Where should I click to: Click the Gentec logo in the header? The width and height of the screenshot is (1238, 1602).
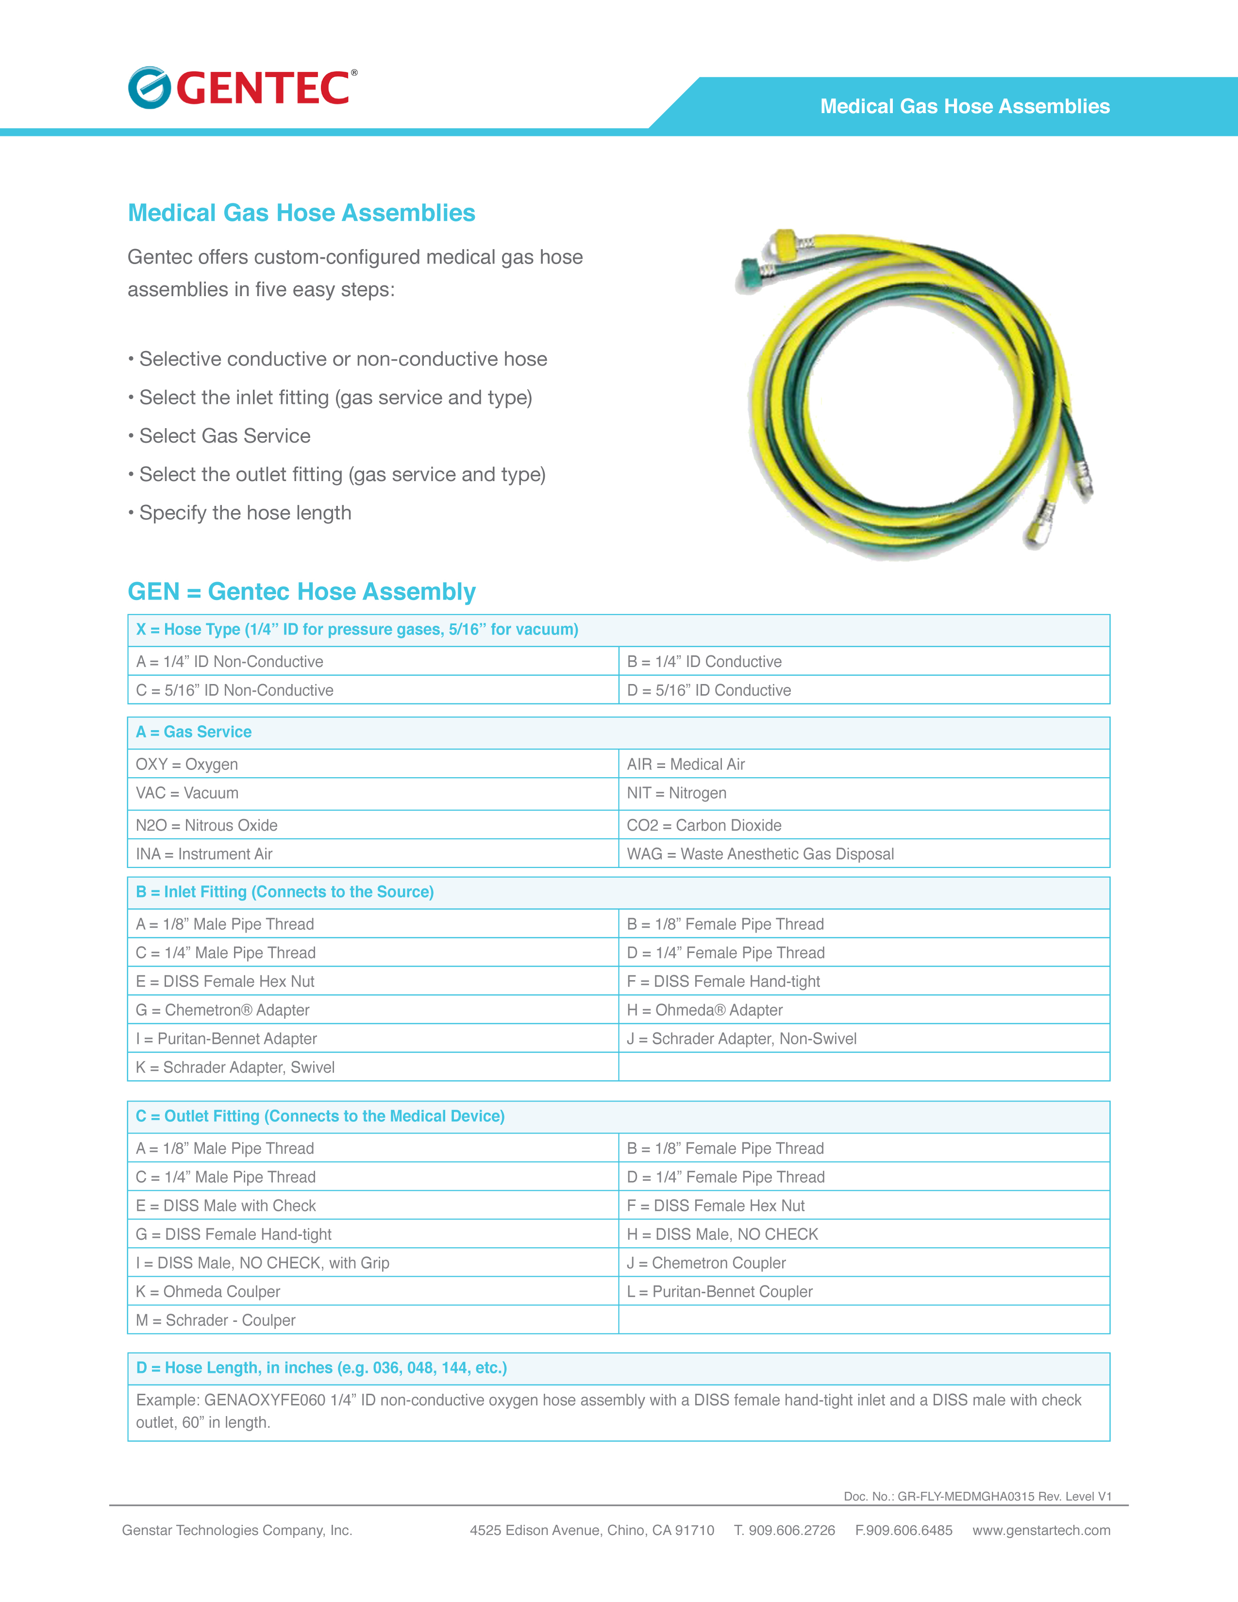pos(242,88)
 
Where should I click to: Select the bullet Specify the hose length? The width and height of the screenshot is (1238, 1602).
pos(245,513)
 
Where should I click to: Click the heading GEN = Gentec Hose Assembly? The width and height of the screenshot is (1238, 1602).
pos(301,591)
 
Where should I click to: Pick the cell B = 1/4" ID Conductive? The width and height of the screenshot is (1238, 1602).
pos(704,662)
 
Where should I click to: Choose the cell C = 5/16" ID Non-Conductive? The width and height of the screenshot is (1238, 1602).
pos(234,690)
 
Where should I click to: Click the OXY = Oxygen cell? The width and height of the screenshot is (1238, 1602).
pos(187,764)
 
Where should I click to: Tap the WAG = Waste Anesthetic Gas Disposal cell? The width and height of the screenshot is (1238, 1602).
pos(760,854)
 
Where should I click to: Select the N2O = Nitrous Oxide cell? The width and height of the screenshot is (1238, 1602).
pos(207,825)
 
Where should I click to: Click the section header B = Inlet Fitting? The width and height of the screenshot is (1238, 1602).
pos(284,892)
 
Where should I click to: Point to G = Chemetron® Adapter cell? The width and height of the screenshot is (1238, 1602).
pos(222,1010)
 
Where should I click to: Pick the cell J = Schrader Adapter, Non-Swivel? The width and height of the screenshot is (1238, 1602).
pos(741,1039)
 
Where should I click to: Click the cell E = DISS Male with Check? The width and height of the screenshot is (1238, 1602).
pos(226,1206)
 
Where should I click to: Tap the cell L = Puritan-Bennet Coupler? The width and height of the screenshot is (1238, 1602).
pos(719,1292)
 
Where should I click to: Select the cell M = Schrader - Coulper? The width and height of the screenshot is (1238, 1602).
pos(216,1320)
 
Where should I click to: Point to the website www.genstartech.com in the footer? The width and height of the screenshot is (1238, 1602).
pos(1041,1530)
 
